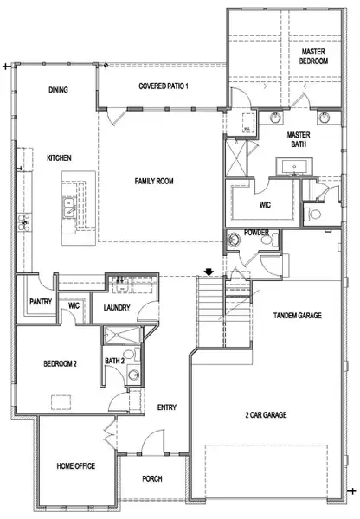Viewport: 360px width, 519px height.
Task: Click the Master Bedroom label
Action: (x=313, y=56)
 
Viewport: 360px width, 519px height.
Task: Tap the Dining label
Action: (x=59, y=89)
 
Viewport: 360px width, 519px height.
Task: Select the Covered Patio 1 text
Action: (x=164, y=87)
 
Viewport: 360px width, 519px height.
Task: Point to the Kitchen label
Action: (x=59, y=157)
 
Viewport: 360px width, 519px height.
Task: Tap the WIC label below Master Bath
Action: (x=266, y=206)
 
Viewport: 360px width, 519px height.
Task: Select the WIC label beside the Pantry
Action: (x=74, y=305)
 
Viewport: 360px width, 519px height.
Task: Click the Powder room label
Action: (x=256, y=232)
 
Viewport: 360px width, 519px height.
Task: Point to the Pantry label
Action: (x=40, y=302)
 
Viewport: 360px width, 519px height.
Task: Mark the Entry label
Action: (x=166, y=407)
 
